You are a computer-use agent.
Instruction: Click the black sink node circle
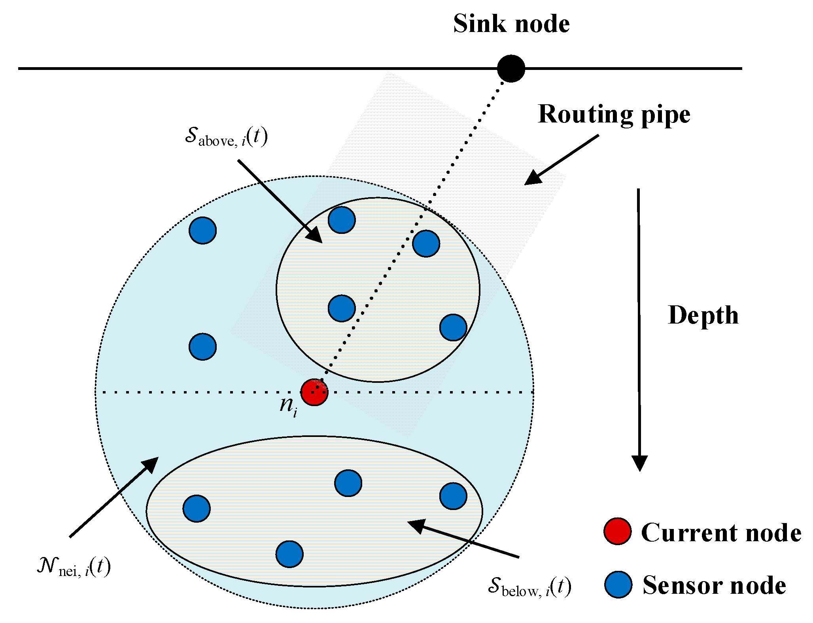[x=510, y=68]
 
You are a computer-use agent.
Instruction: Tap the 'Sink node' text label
[x=511, y=24]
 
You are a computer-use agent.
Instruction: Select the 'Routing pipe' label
[x=614, y=115]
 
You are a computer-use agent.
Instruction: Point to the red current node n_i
[x=314, y=392]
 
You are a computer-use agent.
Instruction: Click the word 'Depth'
[x=703, y=315]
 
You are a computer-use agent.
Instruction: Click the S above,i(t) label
[x=226, y=138]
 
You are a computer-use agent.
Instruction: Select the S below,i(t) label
[x=529, y=586]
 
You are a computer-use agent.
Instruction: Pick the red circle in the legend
[x=617, y=531]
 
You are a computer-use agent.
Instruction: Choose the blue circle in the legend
[x=618, y=584]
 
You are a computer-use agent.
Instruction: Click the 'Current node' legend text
[x=721, y=533]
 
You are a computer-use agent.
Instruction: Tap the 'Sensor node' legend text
[x=714, y=585]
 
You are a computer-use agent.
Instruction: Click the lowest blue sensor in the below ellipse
[x=289, y=554]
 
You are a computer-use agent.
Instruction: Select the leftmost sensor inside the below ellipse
[x=197, y=508]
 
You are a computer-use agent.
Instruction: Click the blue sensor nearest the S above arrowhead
[x=342, y=220]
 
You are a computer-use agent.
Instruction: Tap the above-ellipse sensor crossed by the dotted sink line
[x=426, y=244]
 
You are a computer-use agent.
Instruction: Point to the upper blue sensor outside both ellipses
[x=202, y=230]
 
